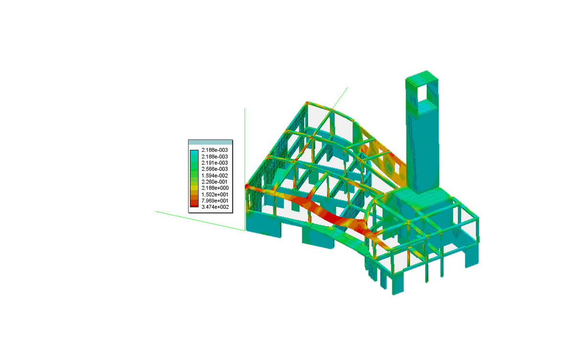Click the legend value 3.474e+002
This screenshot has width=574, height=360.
tap(215, 207)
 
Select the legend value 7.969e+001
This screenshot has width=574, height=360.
tap(215, 201)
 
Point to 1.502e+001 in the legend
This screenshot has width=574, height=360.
tap(215, 194)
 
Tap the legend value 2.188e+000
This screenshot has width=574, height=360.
tap(215, 188)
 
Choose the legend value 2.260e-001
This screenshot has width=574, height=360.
tap(214, 181)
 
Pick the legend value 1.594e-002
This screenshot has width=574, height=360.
tap(214, 175)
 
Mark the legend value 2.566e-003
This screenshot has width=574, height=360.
tap(214, 169)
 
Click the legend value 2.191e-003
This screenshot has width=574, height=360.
tap(214, 163)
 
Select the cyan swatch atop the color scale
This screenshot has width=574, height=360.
tap(194, 153)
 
